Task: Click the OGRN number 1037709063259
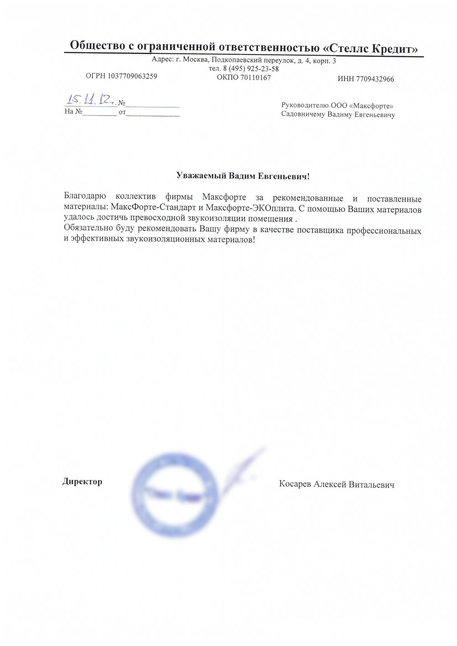pyautogui.click(x=132, y=76)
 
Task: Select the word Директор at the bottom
pyautogui.click(x=82, y=481)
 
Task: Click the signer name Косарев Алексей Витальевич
pyautogui.click(x=336, y=484)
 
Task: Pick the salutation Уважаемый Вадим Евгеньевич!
pyautogui.click(x=243, y=176)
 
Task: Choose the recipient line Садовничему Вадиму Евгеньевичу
pyautogui.click(x=338, y=115)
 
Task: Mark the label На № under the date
pyautogui.click(x=73, y=111)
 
